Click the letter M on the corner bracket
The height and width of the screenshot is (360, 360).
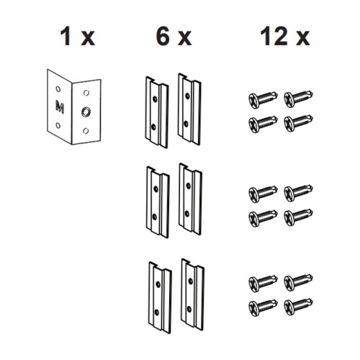[58, 107]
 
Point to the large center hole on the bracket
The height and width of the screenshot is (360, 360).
[86, 112]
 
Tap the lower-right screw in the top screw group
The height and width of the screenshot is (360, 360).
[297, 121]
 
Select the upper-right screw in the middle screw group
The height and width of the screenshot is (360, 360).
[297, 192]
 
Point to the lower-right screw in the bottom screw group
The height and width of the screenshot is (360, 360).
[297, 305]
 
